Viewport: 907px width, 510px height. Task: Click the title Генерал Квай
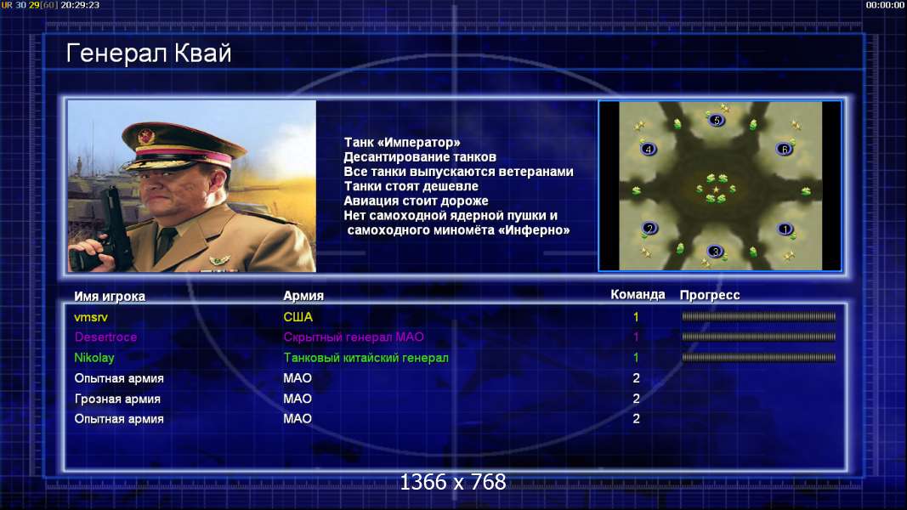point(149,54)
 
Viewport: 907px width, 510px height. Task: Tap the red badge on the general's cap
point(145,136)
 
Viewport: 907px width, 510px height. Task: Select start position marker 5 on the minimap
point(716,120)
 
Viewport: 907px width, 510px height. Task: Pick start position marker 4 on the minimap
point(649,150)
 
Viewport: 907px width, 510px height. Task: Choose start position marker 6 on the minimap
point(784,150)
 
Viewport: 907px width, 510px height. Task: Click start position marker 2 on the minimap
point(649,229)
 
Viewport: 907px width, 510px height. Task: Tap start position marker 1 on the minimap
point(785,229)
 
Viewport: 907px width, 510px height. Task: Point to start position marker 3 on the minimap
point(716,252)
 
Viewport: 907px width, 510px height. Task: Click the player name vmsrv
point(91,317)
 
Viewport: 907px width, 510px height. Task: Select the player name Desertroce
point(105,337)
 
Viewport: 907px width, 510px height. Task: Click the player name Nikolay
point(94,358)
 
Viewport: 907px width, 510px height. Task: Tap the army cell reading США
point(298,317)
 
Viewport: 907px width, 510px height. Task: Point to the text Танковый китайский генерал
point(366,358)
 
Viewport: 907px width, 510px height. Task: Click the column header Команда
point(638,295)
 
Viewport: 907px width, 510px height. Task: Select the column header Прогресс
point(710,296)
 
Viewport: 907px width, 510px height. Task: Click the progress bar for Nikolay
point(758,358)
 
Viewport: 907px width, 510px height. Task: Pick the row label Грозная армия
point(117,399)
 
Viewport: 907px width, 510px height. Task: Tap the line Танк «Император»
point(402,142)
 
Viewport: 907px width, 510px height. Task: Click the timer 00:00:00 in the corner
point(885,5)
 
